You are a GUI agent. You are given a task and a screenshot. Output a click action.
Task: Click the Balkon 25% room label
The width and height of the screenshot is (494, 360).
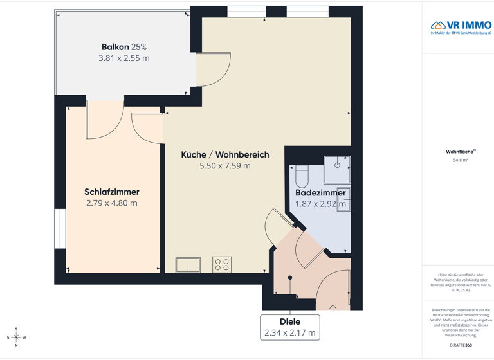(123, 47)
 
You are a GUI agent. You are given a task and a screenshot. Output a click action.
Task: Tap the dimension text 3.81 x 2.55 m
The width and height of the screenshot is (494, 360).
(123, 58)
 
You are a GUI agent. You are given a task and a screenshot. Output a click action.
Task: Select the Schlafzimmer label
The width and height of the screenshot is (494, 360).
(112, 192)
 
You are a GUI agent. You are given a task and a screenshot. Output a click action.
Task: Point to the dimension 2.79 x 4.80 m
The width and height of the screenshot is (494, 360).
(112, 203)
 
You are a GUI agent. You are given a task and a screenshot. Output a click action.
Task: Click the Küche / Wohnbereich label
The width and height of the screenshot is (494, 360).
(224, 155)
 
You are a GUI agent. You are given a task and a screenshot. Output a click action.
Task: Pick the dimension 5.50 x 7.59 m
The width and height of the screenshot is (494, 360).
(224, 166)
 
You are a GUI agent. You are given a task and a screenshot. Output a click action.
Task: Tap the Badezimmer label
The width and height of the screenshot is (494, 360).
(320, 193)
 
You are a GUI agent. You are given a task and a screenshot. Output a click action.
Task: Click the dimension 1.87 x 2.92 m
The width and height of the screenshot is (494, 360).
(320, 204)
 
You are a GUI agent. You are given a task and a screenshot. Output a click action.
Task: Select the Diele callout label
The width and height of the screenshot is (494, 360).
(290, 321)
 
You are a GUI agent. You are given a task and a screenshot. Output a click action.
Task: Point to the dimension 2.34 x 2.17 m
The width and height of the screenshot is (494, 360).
(290, 333)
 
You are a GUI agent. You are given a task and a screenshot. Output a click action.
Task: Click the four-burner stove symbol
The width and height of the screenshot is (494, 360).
(222, 264)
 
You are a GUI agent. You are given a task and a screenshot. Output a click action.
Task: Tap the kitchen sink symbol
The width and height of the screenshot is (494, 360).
(188, 264)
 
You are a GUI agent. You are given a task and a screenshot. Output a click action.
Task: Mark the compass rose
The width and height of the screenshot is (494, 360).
(17, 337)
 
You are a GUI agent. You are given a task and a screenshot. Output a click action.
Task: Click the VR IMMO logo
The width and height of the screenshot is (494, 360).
(461, 26)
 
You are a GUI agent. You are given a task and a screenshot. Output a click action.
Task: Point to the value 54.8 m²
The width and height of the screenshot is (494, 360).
(461, 160)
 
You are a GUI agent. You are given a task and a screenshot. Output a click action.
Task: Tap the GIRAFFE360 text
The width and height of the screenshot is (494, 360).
(461, 346)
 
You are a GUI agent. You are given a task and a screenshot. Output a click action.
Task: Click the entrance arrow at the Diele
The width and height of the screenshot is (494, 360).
(333, 308)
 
